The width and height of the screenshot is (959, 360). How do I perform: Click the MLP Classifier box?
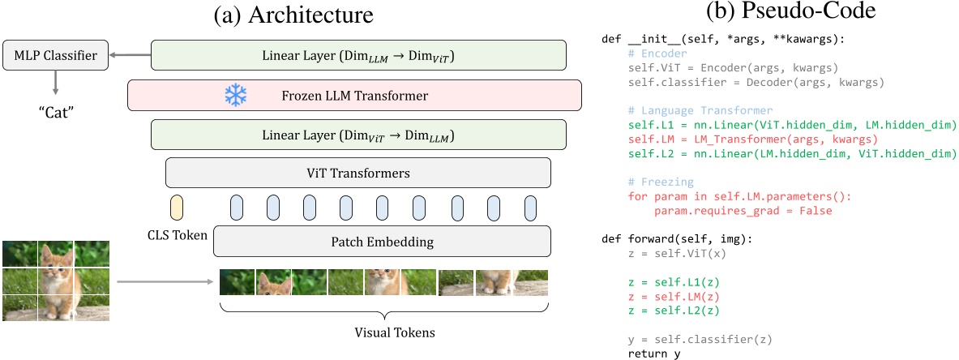56,56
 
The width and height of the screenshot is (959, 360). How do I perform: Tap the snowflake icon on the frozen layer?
235,96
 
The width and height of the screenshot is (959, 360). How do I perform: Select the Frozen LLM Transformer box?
354,96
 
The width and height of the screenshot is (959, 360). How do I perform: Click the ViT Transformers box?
357,173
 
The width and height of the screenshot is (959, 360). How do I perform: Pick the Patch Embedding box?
382,242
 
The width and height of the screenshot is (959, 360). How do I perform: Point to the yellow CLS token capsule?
177,207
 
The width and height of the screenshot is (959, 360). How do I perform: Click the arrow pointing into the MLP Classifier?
130,56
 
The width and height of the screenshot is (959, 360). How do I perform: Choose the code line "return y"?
654,354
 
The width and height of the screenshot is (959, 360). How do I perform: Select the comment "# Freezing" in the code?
661,182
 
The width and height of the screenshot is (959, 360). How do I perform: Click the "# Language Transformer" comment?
700,109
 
